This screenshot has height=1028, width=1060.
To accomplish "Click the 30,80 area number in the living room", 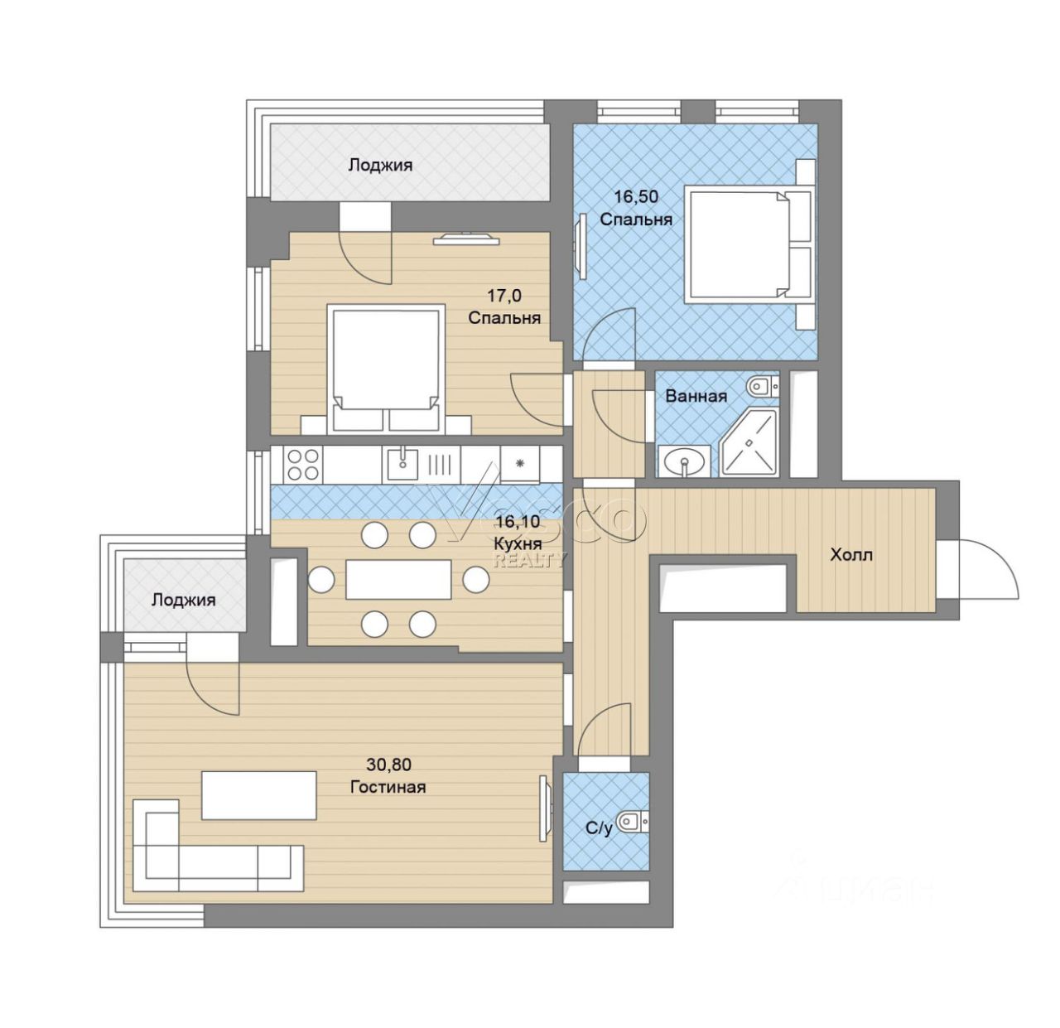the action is pyautogui.click(x=388, y=765).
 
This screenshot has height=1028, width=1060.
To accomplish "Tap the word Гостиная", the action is pyautogui.click(x=388, y=787).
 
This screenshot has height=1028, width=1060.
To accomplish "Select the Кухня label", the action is pyautogui.click(x=518, y=543).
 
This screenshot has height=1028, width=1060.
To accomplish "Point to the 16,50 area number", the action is pyautogui.click(x=636, y=196).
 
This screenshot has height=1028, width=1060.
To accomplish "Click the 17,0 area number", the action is pyautogui.click(x=503, y=295).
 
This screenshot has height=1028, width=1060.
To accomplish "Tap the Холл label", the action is pyautogui.click(x=851, y=555).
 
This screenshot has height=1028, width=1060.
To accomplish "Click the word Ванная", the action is pyautogui.click(x=696, y=396).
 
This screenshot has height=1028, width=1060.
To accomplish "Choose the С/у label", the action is pyautogui.click(x=600, y=828).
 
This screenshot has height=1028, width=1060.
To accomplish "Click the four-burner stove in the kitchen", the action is pyautogui.click(x=302, y=464).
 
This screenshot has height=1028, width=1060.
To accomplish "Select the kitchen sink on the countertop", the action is pyautogui.click(x=402, y=463).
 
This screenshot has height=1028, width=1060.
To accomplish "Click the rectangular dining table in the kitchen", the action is pyautogui.click(x=398, y=579).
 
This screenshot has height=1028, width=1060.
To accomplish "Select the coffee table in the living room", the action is pyautogui.click(x=258, y=795).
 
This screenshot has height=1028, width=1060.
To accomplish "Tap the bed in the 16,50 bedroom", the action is pyautogui.click(x=749, y=244).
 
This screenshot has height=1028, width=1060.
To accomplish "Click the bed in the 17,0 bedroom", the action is pyautogui.click(x=386, y=369).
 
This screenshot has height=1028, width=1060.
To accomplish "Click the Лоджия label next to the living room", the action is pyautogui.click(x=184, y=601).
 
